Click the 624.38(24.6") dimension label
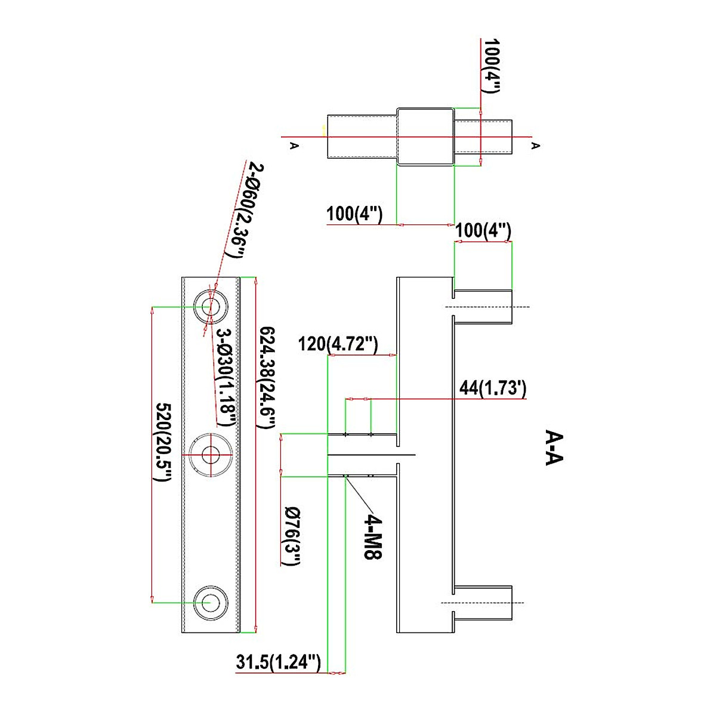click(267, 377)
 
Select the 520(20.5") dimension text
click(163, 442)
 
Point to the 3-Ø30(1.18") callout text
click(226, 377)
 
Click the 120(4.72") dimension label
click(338, 344)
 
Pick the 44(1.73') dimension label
click(493, 388)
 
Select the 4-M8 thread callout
click(373, 536)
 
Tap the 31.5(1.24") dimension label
click(278, 662)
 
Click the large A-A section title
click(554, 447)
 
